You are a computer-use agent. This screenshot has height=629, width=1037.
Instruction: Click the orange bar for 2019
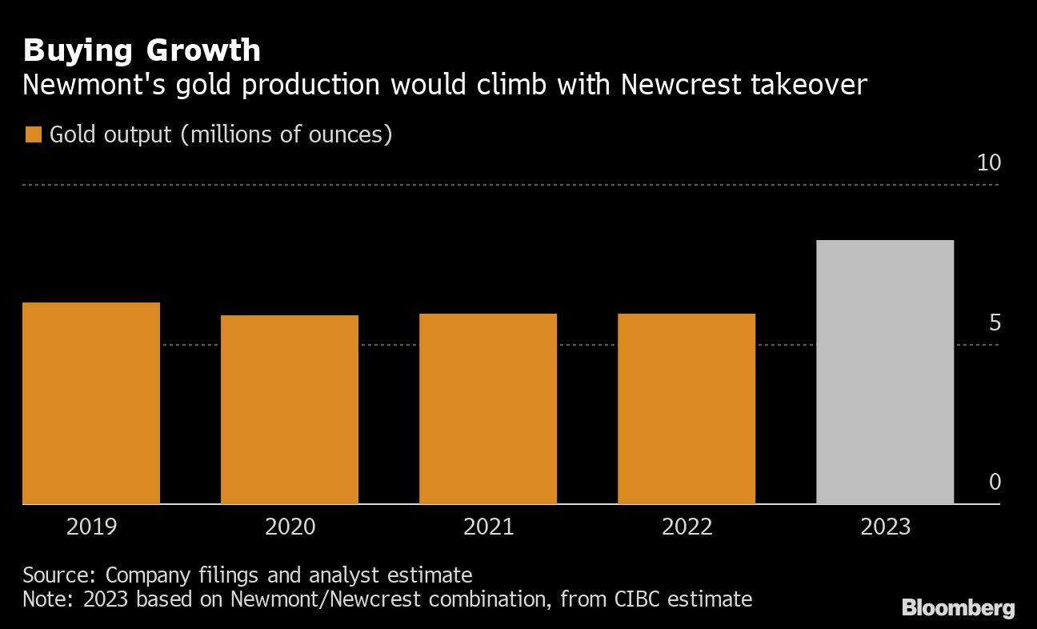[91, 403]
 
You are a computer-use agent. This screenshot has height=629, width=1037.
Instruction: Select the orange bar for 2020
[290, 410]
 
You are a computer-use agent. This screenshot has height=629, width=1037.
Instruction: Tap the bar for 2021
[488, 409]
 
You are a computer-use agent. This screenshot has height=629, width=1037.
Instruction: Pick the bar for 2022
[687, 409]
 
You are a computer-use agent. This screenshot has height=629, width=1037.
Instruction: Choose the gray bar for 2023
[885, 372]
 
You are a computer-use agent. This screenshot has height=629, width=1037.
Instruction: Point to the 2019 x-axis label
[91, 527]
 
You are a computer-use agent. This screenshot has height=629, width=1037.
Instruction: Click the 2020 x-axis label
[290, 527]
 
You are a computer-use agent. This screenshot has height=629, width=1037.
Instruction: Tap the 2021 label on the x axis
[488, 527]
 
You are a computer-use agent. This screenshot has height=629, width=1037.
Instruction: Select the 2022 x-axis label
[687, 527]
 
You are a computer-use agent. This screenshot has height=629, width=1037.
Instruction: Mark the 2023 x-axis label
[885, 527]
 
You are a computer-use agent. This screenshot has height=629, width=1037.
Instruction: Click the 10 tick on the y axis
[989, 163]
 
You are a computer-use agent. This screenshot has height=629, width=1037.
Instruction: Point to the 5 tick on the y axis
[995, 323]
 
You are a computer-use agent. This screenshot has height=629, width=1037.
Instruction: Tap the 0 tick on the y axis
[995, 482]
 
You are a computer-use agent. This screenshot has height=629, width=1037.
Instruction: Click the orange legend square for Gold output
[33, 134]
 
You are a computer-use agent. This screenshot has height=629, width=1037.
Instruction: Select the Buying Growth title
[142, 50]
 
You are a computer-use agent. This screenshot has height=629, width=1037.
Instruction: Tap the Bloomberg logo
[958, 608]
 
